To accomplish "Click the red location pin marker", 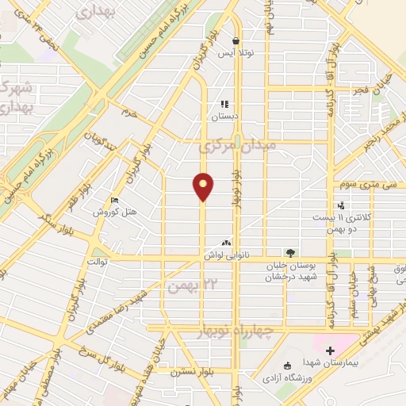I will pyautogui.click(x=203, y=186).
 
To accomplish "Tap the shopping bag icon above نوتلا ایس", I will pyautogui.click(x=236, y=41).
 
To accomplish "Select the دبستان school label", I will pyautogui.click(x=224, y=116).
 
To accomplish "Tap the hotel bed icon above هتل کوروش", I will pyautogui.click(x=115, y=201).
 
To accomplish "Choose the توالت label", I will pyautogui.click(x=98, y=260).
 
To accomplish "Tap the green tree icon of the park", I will pyautogui.click(x=290, y=252).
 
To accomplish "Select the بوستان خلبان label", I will pyautogui.click(x=291, y=266).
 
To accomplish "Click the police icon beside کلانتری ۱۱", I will pyautogui.click(x=340, y=206).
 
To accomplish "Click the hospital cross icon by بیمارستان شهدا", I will pyautogui.click(x=331, y=350).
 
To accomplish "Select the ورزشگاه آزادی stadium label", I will pyautogui.click(x=304, y=373).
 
